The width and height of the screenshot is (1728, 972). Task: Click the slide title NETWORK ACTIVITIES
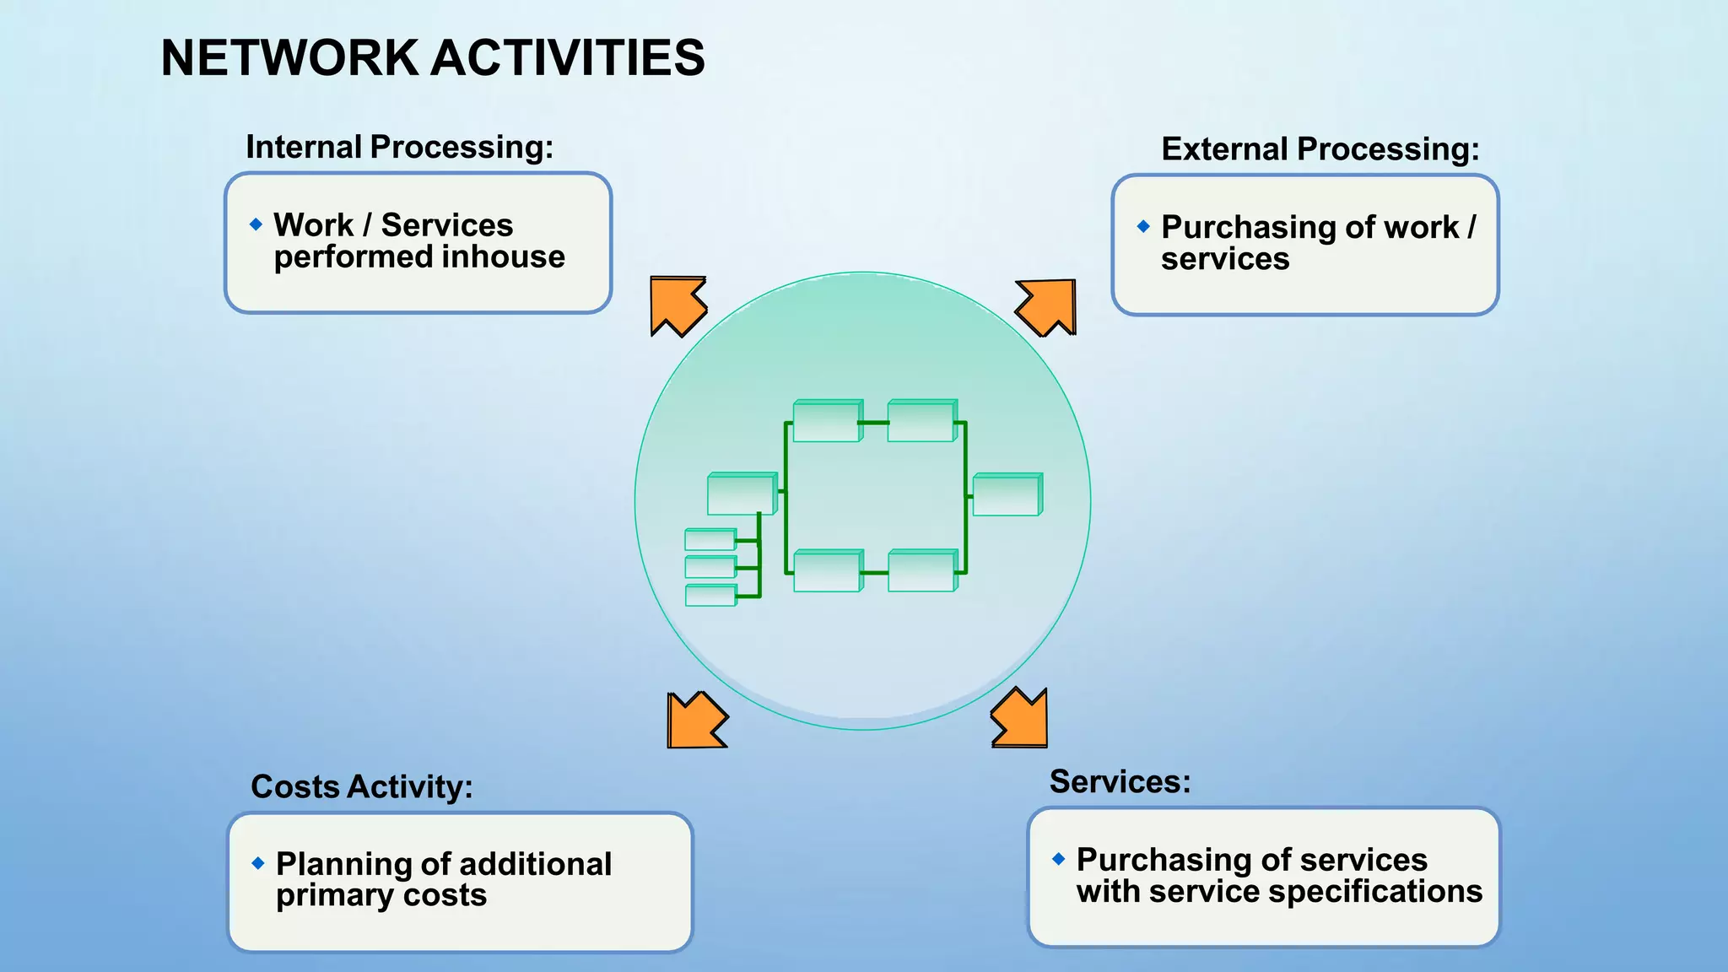[432, 58]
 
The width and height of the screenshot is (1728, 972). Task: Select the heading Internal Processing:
[399, 148]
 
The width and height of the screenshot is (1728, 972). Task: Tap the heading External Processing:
[1320, 149]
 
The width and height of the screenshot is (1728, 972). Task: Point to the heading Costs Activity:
[361, 786]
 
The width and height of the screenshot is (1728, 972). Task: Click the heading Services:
[1119, 781]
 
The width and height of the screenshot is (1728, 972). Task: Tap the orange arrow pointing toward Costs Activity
[694, 721]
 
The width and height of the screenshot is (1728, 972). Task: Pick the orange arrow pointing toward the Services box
[1022, 719]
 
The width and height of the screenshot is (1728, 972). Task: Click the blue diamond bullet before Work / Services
[256, 224]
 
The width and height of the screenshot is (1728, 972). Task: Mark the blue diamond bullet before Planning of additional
[258, 863]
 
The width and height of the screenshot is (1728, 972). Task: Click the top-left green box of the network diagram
[827, 421]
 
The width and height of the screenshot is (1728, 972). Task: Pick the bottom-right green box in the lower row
[921, 571]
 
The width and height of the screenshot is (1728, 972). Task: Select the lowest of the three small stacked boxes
[710, 595]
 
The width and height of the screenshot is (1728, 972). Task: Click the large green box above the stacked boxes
[740, 494]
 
